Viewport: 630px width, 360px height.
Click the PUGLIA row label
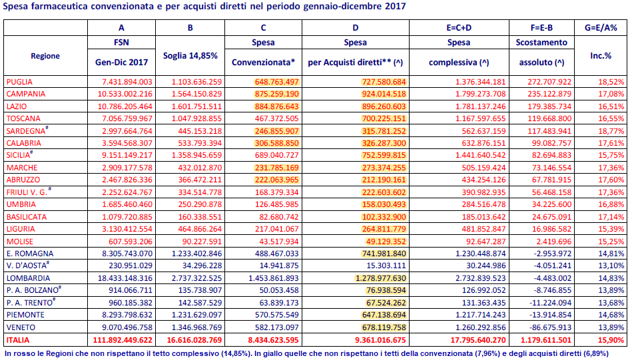coord(19,82)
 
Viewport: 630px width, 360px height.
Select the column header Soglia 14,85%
coord(190,56)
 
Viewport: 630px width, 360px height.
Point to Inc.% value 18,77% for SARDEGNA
coord(611,131)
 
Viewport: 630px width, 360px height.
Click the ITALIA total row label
coord(18,340)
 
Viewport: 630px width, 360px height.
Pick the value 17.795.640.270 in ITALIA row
coord(478,340)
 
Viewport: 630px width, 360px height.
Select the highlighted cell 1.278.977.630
coord(380,278)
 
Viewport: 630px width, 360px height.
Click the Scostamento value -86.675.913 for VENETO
coord(549,327)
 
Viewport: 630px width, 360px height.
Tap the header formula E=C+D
coord(459,28)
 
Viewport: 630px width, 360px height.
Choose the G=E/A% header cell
coord(601,28)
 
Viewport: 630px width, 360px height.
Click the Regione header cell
coord(45,56)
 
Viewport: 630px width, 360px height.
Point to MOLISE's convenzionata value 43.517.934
coord(277,242)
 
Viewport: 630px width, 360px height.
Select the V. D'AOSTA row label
coord(28,266)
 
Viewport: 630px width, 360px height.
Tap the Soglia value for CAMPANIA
coord(196,94)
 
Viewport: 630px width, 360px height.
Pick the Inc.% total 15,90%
coord(611,340)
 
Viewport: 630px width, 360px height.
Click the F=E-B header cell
coord(541,28)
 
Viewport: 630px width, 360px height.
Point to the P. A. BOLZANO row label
coord(34,289)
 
